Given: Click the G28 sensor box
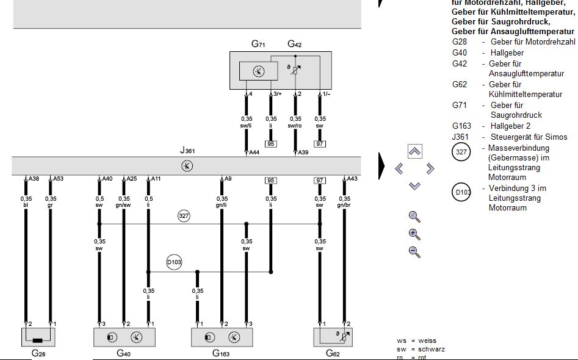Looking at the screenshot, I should [x=38, y=337].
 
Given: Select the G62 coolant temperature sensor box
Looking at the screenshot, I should [x=333, y=337].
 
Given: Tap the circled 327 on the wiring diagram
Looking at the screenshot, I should [x=184, y=216].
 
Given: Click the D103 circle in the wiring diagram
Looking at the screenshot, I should [x=175, y=262].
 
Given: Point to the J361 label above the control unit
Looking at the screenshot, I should [x=187, y=151].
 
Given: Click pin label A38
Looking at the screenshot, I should [x=34, y=179].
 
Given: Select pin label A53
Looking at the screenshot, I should [x=58, y=179].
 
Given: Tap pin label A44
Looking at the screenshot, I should [x=255, y=152].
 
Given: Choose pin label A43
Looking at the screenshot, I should [x=352, y=179].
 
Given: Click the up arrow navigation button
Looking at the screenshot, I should [x=414, y=151].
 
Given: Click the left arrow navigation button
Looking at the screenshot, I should [x=400, y=168].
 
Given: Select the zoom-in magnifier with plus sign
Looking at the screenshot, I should [x=414, y=234].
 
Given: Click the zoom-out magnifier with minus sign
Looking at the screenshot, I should [x=414, y=251].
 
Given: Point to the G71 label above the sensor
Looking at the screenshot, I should [x=258, y=45].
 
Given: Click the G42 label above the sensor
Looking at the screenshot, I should [x=295, y=45].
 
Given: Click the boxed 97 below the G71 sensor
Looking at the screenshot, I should [x=319, y=144].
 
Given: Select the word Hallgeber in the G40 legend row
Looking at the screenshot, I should [x=507, y=53].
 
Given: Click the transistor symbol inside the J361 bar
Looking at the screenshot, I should [x=187, y=165].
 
